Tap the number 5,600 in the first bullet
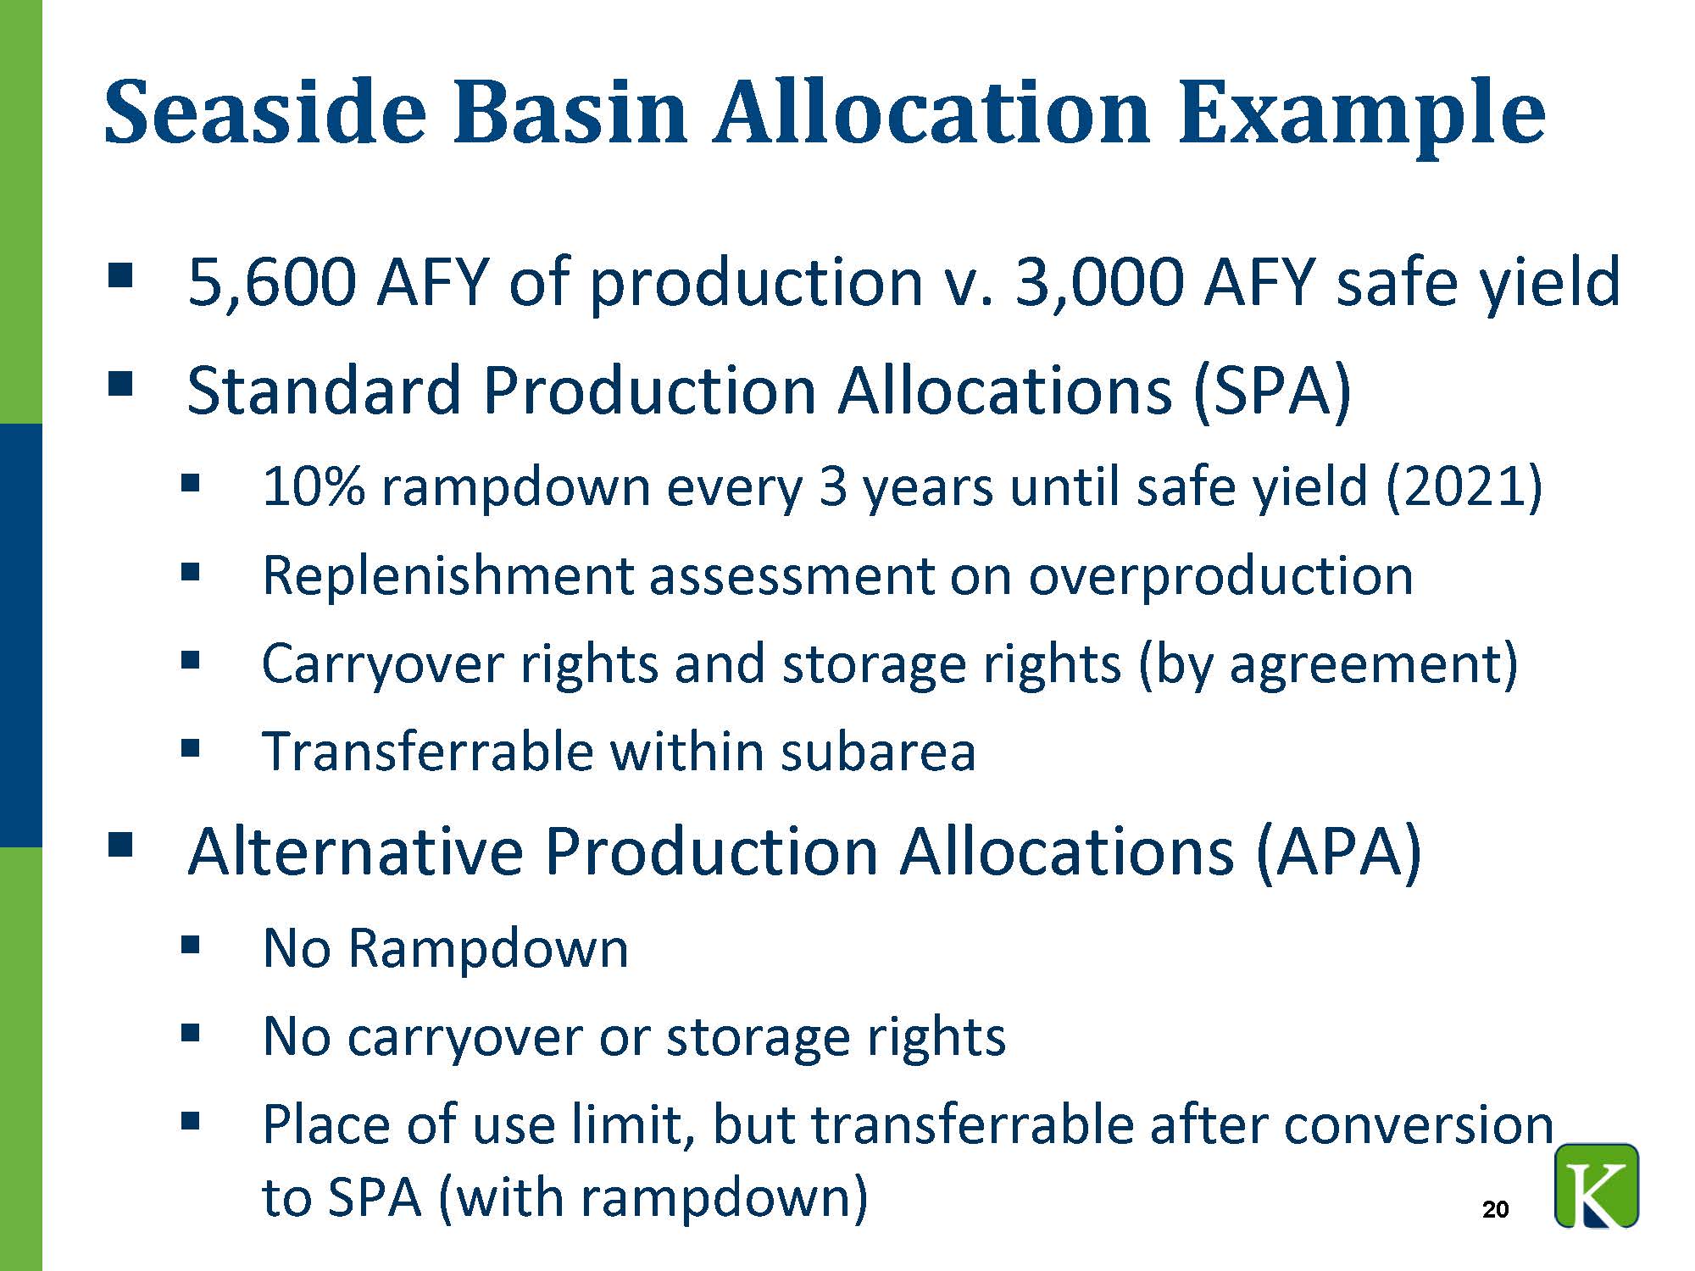[271, 282]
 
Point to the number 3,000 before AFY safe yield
[1099, 282]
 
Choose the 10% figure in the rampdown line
[313, 487]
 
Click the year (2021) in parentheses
[1464, 488]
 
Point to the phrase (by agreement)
[1328, 665]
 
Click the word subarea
[878, 752]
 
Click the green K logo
[1597, 1185]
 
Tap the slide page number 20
[1496, 1209]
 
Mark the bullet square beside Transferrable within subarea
[190, 747]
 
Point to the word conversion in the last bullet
[1420, 1126]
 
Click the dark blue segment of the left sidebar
[20, 635]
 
